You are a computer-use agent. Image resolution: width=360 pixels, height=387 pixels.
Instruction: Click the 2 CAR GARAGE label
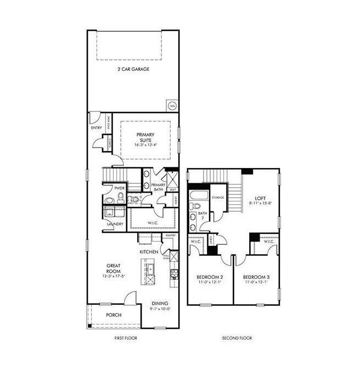click(133, 70)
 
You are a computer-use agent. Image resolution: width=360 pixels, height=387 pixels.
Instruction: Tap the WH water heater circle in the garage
click(172, 105)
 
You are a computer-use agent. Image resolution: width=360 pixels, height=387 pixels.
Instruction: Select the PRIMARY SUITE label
click(146, 137)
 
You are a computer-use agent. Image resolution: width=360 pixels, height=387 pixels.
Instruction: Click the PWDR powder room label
click(120, 188)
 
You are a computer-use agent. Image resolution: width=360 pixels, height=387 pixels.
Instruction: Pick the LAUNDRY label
click(115, 224)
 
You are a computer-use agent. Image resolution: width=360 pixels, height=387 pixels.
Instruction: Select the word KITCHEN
click(149, 251)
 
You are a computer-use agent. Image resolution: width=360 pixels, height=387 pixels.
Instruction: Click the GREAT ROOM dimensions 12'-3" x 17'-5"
click(114, 276)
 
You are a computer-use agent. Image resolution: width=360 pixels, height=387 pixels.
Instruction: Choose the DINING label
click(160, 303)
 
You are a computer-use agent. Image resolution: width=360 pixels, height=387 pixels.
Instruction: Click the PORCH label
click(114, 315)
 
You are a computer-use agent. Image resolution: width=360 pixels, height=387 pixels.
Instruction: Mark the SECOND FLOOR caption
click(237, 338)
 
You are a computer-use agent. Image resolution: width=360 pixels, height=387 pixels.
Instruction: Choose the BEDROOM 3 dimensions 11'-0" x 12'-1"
click(256, 283)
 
